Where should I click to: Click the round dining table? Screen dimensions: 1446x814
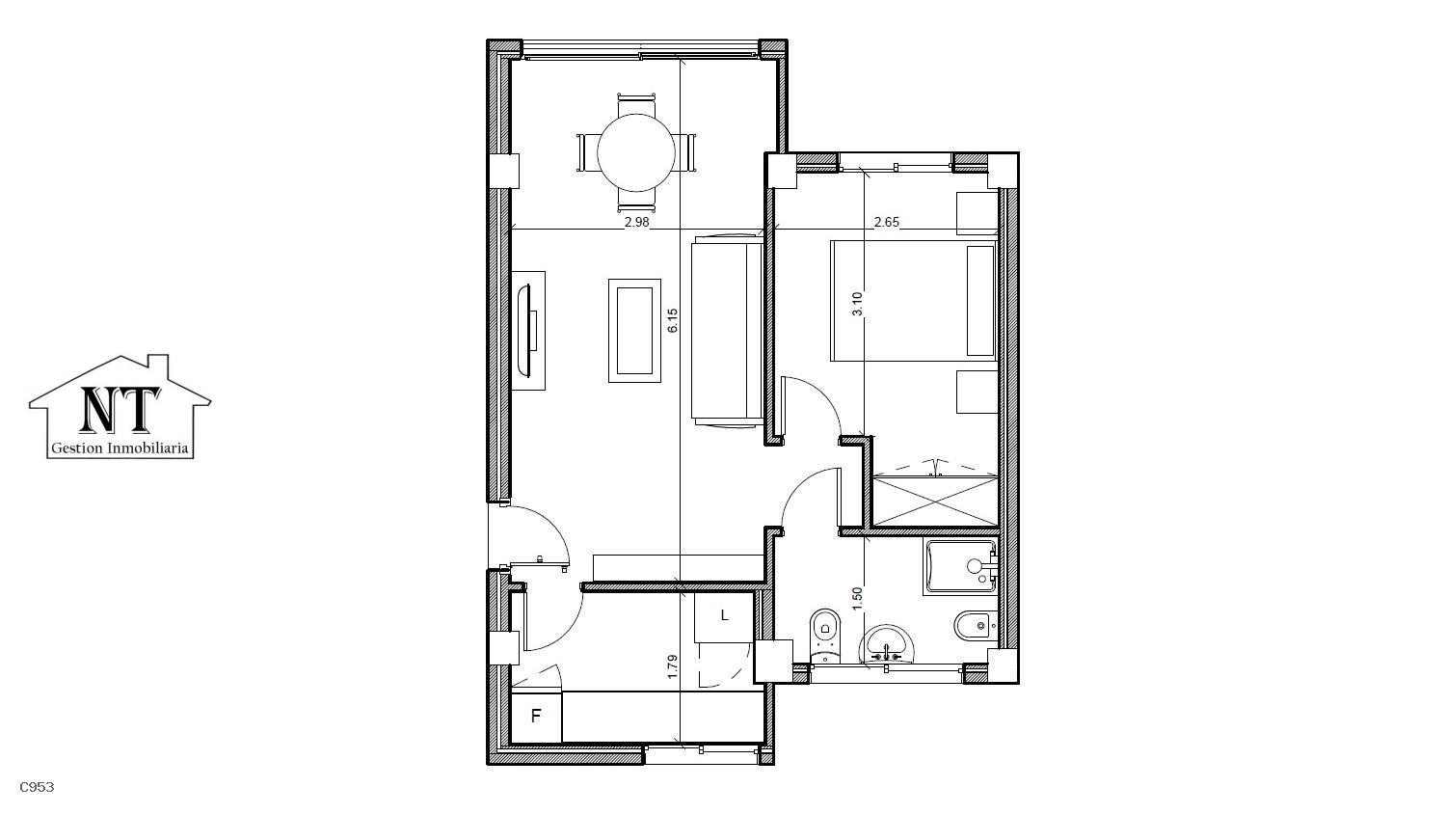636,152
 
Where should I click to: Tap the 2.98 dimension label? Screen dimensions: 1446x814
636,222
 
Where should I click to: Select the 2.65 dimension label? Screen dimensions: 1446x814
886,222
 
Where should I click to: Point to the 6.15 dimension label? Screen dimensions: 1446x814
673,320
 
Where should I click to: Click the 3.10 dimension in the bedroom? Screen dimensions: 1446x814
857,304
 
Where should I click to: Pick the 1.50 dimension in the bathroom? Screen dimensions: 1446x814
857,599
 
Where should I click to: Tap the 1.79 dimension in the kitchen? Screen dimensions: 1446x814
673,666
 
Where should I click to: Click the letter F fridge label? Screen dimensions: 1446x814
535,716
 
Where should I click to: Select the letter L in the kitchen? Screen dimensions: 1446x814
724,615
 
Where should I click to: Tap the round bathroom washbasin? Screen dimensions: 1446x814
886,644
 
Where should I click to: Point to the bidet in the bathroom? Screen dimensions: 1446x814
976,625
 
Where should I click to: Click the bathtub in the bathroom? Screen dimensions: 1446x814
960,567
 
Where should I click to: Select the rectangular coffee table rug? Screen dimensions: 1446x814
634,331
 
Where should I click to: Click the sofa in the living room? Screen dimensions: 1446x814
728,331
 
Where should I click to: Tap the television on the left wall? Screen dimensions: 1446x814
526,331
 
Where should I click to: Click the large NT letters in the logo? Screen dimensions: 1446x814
120,410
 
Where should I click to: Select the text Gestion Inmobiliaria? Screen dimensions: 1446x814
120,448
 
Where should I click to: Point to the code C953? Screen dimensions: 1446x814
37,787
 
